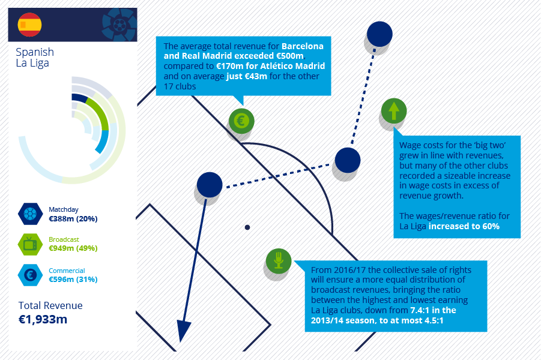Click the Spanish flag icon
(x=29, y=25)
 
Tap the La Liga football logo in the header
(x=119, y=25)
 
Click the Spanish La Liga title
(x=35, y=58)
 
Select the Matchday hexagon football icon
(x=31, y=214)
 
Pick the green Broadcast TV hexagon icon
(x=31, y=244)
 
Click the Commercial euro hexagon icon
(x=31, y=275)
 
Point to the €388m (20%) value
(x=73, y=219)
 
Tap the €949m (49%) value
(x=73, y=248)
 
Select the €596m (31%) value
(x=73, y=280)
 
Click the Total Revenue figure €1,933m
(x=43, y=319)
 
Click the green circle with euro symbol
(x=241, y=121)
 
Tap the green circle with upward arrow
(x=394, y=111)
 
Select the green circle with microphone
(x=279, y=261)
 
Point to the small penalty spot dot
(x=247, y=227)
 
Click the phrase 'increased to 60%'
(x=464, y=227)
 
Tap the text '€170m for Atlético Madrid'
(x=270, y=66)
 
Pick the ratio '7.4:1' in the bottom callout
(x=420, y=310)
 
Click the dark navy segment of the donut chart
(x=79, y=98)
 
